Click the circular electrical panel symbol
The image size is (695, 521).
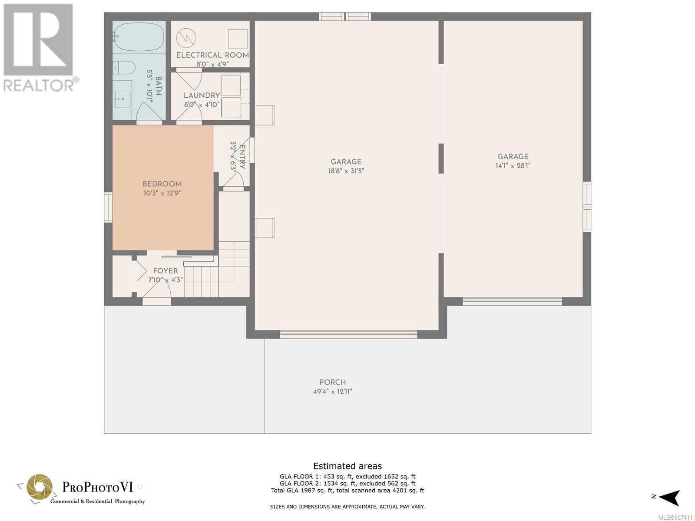click(186, 38)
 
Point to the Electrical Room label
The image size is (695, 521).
click(212, 55)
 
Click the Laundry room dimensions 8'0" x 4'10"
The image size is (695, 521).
click(202, 104)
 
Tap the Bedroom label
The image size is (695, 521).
click(162, 184)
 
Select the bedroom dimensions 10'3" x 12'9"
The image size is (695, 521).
click(162, 193)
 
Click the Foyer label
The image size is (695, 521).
click(165, 271)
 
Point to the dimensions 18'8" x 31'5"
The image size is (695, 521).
click(346, 171)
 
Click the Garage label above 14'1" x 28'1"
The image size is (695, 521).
click(513, 157)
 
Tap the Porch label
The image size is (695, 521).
click(332, 382)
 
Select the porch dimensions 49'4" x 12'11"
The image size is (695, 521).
click(332, 391)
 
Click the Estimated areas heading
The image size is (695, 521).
click(347, 466)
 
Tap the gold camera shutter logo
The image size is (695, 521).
click(40, 487)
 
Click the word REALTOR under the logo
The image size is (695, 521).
click(38, 86)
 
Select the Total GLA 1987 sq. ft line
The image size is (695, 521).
click(347, 491)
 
